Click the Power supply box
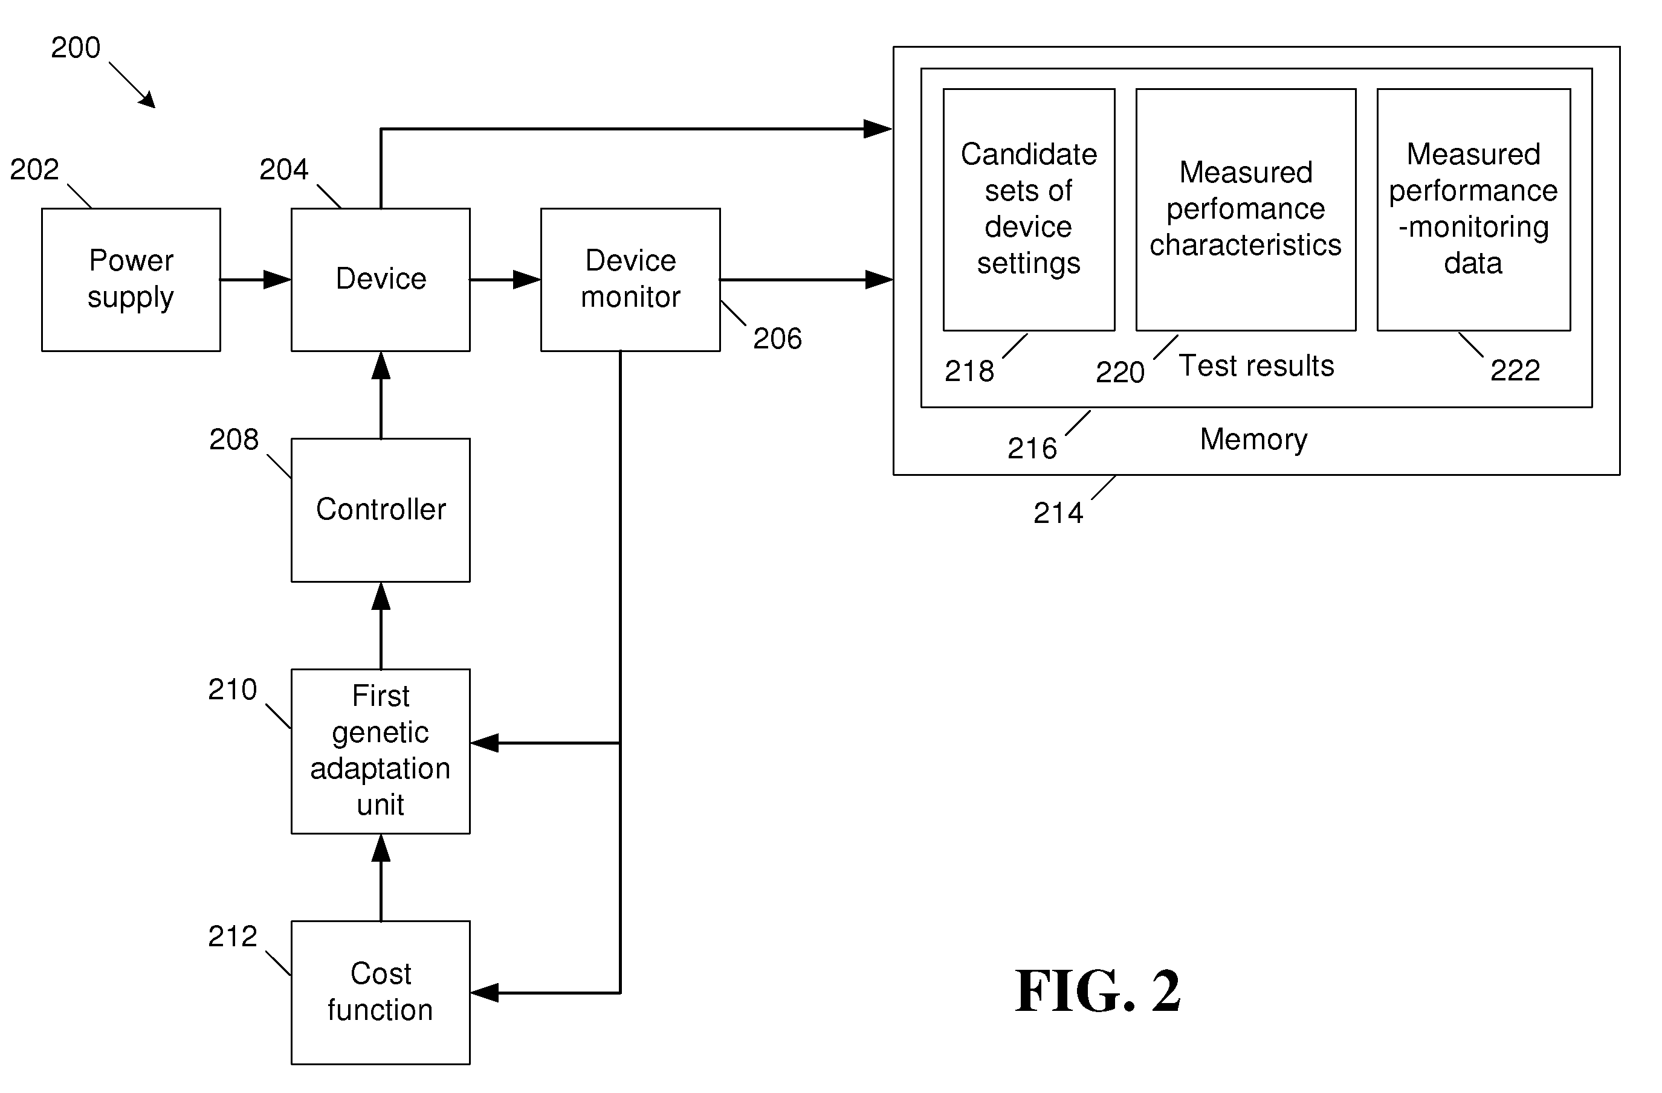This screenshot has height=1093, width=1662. [x=131, y=279]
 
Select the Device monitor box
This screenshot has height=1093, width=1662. [x=630, y=279]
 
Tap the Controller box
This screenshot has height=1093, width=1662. [x=381, y=510]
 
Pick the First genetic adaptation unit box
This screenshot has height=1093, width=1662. [x=381, y=751]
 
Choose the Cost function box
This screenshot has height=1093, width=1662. [x=381, y=993]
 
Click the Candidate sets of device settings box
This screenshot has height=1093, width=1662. [x=1029, y=210]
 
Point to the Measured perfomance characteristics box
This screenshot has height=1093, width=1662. [x=1246, y=210]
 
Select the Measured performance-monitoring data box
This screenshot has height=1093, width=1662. [x=1473, y=210]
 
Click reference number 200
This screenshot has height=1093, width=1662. [x=76, y=48]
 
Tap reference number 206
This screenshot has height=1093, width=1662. [x=777, y=339]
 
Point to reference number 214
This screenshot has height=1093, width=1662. [x=1058, y=513]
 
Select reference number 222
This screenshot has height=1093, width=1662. [x=1515, y=370]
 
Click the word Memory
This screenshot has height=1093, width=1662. [x=1253, y=440]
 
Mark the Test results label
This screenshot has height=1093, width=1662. [x=1256, y=366]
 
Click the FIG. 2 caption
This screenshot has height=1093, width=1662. [x=1097, y=991]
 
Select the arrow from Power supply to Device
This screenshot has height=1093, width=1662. [x=256, y=280]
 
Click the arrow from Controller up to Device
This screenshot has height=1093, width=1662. [x=381, y=395]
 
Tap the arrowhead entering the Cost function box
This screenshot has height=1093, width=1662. [x=485, y=993]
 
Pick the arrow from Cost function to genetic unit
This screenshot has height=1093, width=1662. [x=381, y=877]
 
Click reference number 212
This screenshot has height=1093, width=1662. [x=233, y=937]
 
